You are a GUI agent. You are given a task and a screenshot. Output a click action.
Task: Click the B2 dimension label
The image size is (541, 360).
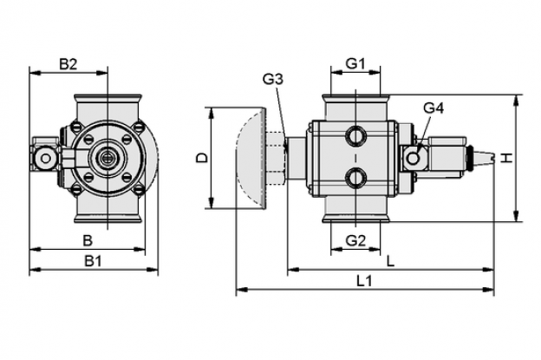(x=68, y=64)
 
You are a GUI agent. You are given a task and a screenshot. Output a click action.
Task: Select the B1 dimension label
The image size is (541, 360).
(x=93, y=261)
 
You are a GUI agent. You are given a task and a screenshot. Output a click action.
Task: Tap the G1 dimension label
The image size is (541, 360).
(x=355, y=63)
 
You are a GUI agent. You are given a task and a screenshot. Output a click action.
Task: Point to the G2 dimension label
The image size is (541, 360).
(x=355, y=240)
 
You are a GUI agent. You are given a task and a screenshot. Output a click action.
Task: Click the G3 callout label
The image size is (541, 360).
(x=272, y=79)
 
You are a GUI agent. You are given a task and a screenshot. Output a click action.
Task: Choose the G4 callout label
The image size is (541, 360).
(x=433, y=108)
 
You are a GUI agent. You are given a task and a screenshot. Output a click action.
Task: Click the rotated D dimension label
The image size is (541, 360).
(x=202, y=158)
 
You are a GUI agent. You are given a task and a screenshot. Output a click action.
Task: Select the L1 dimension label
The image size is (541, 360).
(x=364, y=281)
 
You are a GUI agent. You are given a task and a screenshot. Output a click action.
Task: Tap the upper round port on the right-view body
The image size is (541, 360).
(x=355, y=135)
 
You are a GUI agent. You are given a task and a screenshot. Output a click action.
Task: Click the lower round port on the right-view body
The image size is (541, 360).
(x=355, y=178)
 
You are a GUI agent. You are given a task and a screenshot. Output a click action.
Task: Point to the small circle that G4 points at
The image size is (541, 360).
(x=414, y=159)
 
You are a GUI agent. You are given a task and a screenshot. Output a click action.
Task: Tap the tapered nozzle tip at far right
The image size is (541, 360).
(x=486, y=159)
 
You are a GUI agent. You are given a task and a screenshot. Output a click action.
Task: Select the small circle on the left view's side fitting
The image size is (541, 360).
(x=46, y=159)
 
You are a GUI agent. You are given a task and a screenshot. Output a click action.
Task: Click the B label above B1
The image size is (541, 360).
(x=88, y=240)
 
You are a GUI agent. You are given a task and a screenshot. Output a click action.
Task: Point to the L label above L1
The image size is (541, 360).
(x=390, y=261)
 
